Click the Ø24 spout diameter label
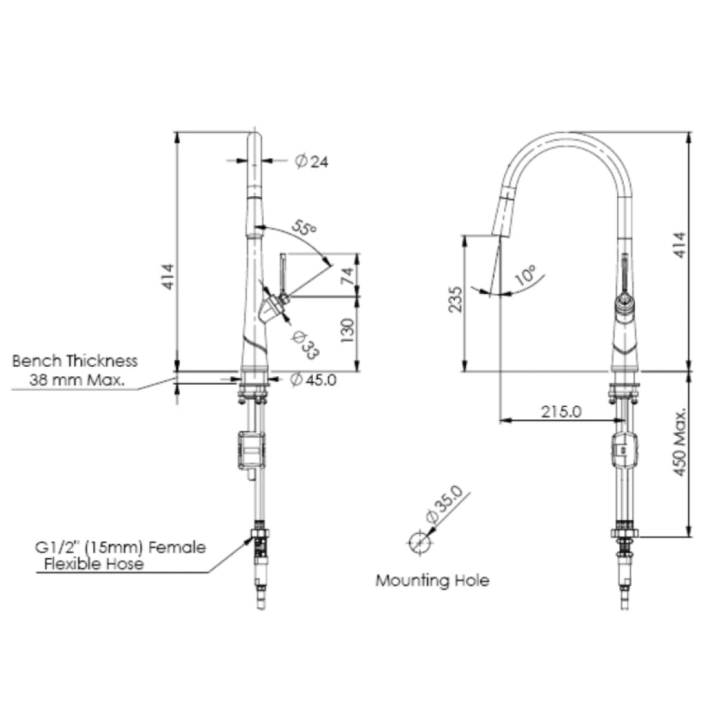tap(312, 161)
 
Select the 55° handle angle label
tap(304, 227)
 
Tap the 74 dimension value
tap(347, 276)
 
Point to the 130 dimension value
tap(347, 330)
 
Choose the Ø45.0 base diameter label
tap(314, 380)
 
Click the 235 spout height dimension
tap(456, 299)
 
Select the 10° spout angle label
tap(526, 275)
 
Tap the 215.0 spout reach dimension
tap(561, 411)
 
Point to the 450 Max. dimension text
tap(680, 442)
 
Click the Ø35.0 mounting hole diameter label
tap(444, 504)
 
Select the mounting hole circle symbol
tap(420, 542)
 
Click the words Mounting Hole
tap(432, 581)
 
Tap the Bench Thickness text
tap(75, 361)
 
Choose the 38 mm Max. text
tap(77, 380)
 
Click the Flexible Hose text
tap(94, 564)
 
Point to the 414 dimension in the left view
tap(168, 277)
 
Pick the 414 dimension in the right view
tap(680, 245)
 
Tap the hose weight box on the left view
tap(251, 450)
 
